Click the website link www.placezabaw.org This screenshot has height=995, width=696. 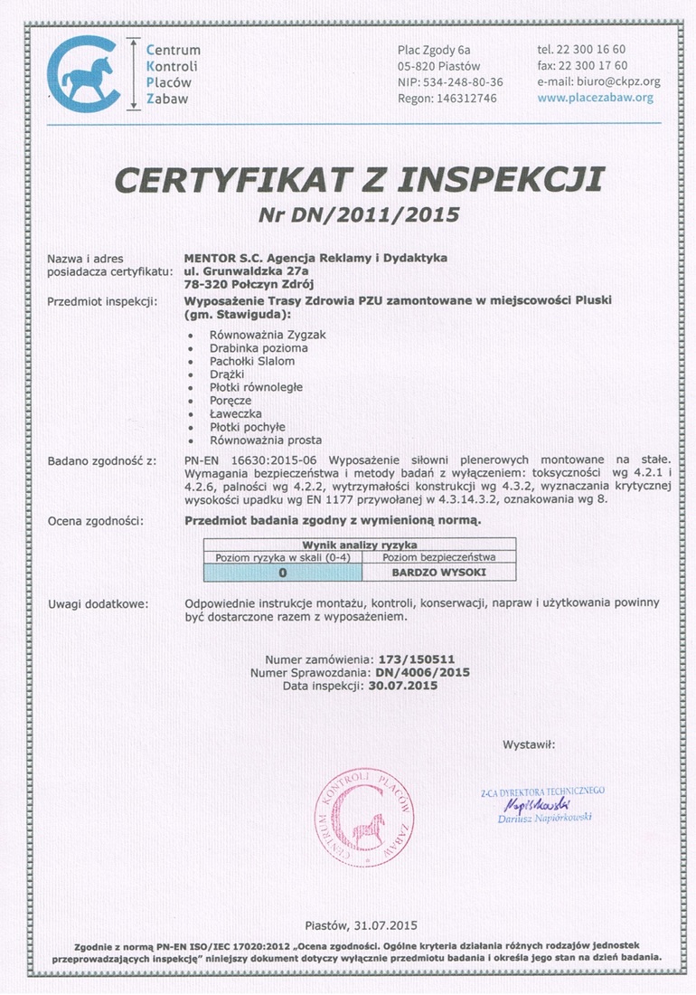coord(595,98)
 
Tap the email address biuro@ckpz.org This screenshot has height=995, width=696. coord(611,81)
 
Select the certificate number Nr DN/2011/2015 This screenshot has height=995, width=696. coord(359,214)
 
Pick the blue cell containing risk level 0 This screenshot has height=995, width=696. coord(282,573)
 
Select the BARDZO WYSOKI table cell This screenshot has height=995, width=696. coord(438,573)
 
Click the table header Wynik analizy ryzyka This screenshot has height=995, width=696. coord(360,545)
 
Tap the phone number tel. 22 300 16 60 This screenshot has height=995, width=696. coord(581,49)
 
